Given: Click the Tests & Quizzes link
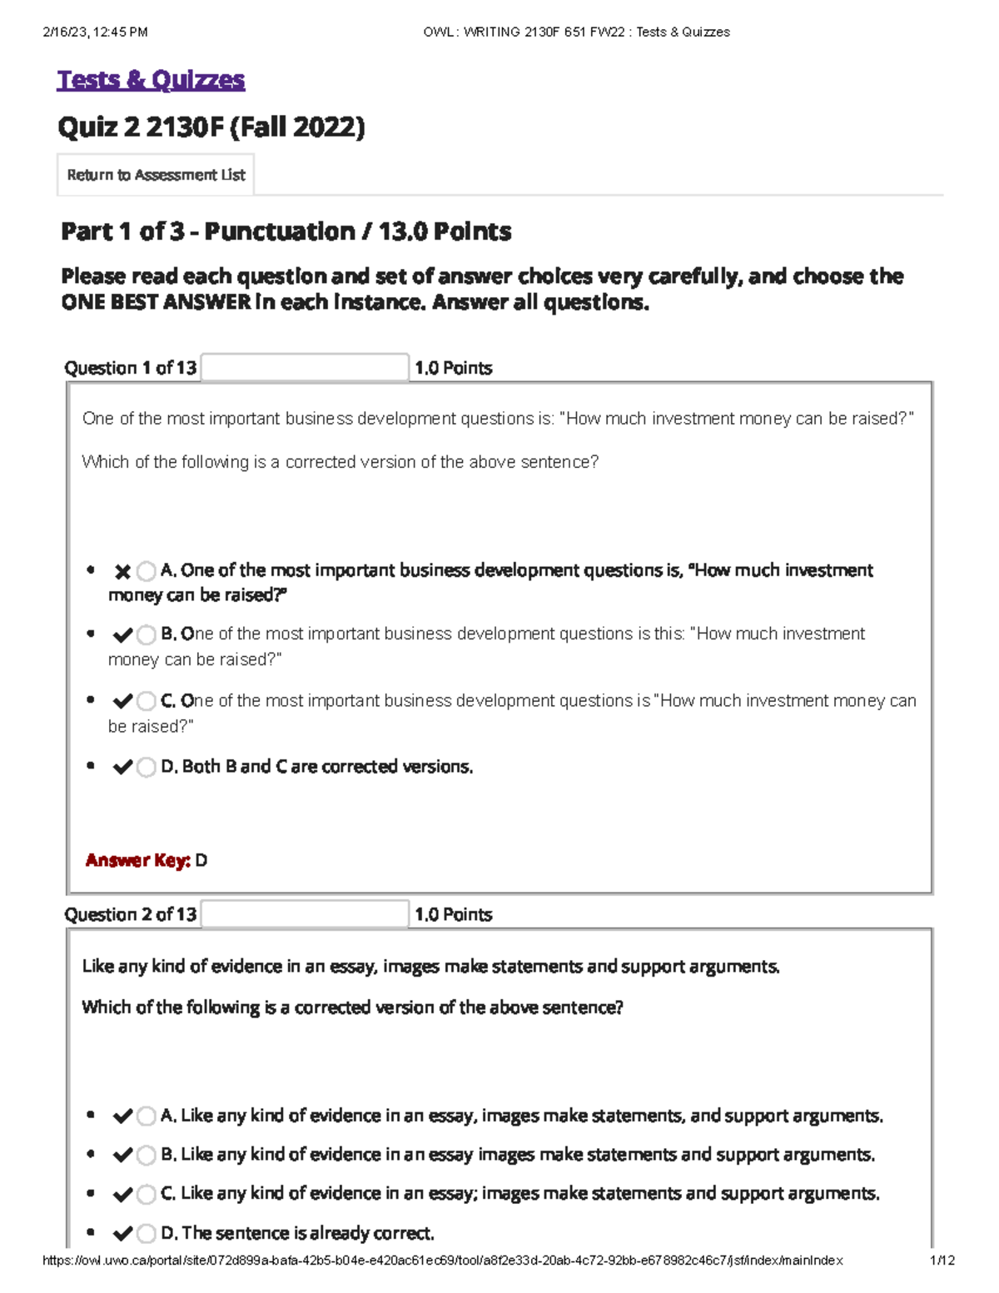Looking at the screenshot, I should (x=151, y=80).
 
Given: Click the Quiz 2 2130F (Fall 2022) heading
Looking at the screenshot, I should (x=211, y=127).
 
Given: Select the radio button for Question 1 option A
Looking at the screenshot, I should (x=147, y=571).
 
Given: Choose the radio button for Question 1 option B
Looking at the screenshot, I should (x=147, y=635).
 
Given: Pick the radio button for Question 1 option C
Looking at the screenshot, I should (x=147, y=701).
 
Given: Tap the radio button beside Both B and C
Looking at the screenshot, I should (x=147, y=767).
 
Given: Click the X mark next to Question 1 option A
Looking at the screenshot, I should (x=122, y=571).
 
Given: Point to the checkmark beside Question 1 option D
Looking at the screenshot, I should (x=122, y=767).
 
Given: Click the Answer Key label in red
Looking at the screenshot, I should (x=138, y=860).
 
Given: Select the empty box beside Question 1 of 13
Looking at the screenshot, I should (x=305, y=367).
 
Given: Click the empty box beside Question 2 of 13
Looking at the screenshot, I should (x=305, y=914).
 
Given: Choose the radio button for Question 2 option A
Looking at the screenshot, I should (x=147, y=1116).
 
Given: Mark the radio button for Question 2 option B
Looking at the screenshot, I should (x=147, y=1155).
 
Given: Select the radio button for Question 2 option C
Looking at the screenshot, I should (x=147, y=1194).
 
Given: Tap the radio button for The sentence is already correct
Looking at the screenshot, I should (x=147, y=1233).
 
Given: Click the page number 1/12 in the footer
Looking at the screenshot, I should (x=942, y=1261).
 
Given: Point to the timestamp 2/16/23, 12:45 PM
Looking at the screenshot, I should (x=95, y=32).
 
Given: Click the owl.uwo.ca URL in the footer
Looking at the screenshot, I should (x=442, y=1261).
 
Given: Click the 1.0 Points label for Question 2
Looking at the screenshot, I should (x=454, y=914).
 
